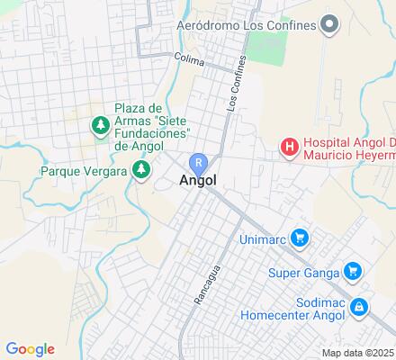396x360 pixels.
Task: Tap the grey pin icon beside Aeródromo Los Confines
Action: click(x=329, y=23)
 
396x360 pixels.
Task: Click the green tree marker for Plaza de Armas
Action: click(x=99, y=123)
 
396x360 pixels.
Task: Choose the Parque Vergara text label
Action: click(x=83, y=170)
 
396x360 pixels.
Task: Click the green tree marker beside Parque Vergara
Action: click(x=140, y=168)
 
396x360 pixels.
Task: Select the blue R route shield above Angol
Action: click(x=198, y=163)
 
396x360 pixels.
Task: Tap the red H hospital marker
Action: click(x=289, y=146)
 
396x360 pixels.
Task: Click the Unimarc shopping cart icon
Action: click(x=301, y=238)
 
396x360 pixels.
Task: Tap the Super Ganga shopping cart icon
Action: click(x=353, y=271)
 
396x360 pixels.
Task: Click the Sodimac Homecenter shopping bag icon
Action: click(x=359, y=308)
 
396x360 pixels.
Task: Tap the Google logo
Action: click(x=31, y=349)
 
